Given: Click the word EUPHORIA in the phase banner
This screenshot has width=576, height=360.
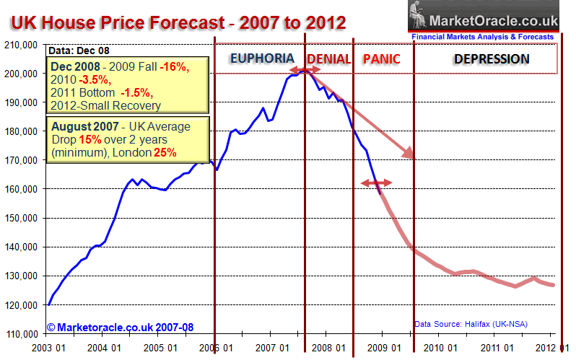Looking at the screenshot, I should coord(261,58).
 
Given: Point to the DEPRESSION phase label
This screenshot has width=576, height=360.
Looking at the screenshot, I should coord(492,58).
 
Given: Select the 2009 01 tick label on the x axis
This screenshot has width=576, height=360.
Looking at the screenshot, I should coord(383,348).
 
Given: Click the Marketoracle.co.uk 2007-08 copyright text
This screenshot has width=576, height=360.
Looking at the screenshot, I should coord(120,327).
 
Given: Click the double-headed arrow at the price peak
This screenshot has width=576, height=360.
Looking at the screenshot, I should coord(303,70).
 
